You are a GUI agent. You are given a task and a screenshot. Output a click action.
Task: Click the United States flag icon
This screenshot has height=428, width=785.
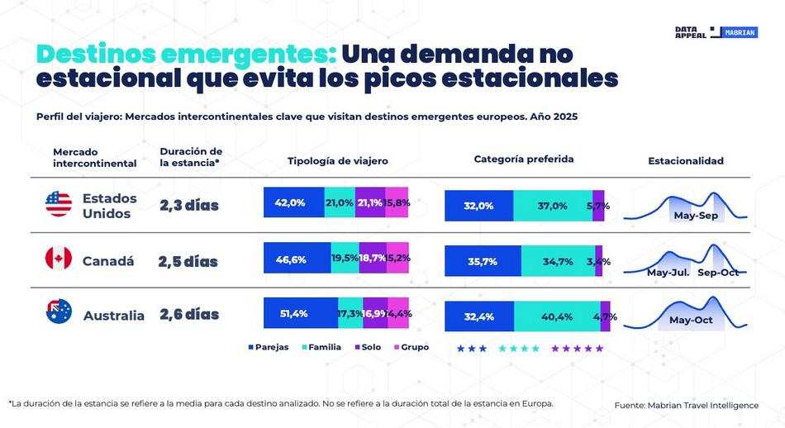click(x=59, y=204)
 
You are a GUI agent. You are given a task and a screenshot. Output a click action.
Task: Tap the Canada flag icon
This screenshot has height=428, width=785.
click(x=59, y=259)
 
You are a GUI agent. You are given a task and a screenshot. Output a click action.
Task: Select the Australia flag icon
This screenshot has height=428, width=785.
click(x=59, y=312)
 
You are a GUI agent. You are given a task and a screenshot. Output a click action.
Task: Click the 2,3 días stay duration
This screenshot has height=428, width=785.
click(x=189, y=205)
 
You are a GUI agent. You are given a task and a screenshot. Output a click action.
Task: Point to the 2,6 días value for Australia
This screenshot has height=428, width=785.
click(x=189, y=314)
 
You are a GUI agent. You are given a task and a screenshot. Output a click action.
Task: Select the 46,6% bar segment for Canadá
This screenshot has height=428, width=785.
click(x=297, y=259)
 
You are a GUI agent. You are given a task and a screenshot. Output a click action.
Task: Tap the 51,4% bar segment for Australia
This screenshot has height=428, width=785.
click(x=300, y=313)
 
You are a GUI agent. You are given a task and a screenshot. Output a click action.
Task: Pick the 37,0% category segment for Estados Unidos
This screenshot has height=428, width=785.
click(x=552, y=206)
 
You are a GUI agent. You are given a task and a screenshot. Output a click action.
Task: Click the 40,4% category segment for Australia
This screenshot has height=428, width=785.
click(x=556, y=316)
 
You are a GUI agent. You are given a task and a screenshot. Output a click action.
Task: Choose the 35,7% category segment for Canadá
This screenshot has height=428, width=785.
click(x=483, y=261)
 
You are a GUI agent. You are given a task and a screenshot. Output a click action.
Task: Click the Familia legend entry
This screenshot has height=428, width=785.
click(x=320, y=347)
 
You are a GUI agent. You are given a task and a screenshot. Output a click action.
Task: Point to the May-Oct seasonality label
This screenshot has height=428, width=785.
click(x=691, y=320)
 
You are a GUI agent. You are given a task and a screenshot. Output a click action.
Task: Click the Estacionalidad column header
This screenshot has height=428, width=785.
click(x=685, y=161)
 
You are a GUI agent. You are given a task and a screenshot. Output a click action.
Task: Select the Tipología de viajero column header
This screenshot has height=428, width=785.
click(x=337, y=161)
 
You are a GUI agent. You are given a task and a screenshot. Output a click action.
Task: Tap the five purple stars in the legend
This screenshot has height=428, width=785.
click(x=578, y=349)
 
